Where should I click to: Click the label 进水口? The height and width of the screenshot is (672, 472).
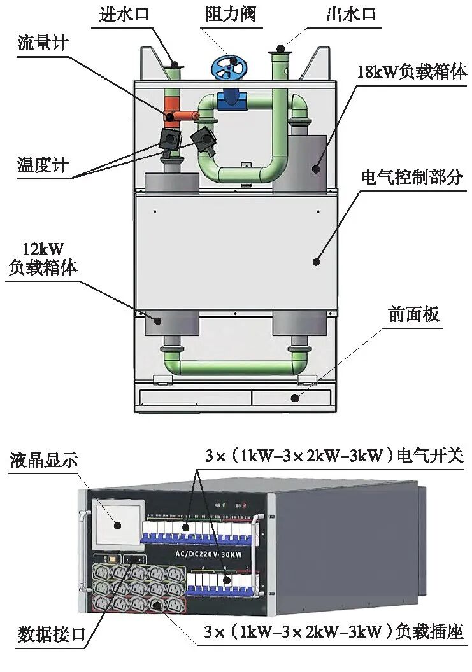[x=124, y=15]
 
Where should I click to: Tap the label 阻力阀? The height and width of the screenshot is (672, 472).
[x=231, y=15]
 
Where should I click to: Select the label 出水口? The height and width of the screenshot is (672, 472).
[x=352, y=15]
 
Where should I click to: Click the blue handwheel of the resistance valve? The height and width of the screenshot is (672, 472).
[x=230, y=67]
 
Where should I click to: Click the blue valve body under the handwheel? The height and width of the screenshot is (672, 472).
[x=229, y=97]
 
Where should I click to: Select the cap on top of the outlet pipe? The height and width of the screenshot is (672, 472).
[x=280, y=47]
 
